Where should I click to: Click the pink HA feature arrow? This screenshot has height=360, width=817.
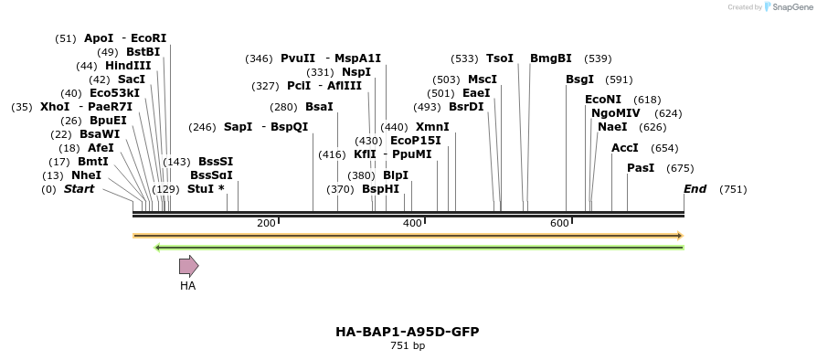point(188,266)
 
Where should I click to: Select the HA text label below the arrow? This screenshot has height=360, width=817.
point(187,286)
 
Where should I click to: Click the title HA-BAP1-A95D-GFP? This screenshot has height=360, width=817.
point(408,331)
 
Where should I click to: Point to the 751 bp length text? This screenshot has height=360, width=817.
point(408,345)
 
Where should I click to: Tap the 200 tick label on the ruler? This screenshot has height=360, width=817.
point(266,223)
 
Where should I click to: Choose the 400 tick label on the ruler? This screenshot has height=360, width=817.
point(412,223)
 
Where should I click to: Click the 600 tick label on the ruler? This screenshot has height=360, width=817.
point(559,223)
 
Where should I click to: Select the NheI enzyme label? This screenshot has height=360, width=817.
point(86,175)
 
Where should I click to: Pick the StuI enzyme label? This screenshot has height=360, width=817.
point(200,189)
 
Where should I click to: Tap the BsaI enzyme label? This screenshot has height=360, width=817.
point(319,107)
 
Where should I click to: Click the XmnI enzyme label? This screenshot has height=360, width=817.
point(432,127)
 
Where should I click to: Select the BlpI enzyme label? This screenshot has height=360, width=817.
point(396,175)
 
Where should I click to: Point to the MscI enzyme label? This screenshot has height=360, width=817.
point(483,79)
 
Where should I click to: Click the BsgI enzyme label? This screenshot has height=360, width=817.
point(579,79)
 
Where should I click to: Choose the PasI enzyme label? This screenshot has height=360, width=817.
point(641,168)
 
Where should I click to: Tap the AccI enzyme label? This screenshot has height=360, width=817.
point(625,148)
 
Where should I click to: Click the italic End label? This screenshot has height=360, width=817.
point(695,189)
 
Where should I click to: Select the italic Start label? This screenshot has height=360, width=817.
point(79,189)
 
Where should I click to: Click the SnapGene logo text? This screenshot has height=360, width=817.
point(790,7)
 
